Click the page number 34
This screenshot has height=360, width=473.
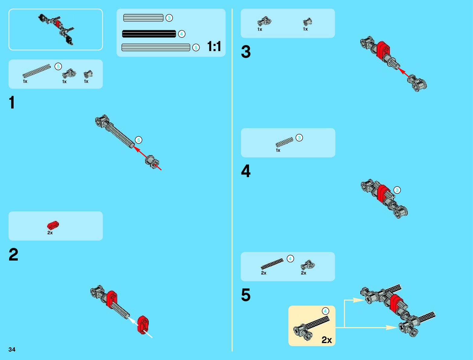coord(12,349)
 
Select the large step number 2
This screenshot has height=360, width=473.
coord(13,255)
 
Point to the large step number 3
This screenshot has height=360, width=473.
coord(246,52)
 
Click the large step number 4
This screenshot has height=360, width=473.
coord(246,171)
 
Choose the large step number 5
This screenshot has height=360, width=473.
coord(246,295)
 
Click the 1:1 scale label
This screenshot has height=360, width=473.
coord(214,47)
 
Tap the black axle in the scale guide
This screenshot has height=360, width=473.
coord(149,34)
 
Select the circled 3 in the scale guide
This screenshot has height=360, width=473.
coord(169,18)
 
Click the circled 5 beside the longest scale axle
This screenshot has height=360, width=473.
coord(196,47)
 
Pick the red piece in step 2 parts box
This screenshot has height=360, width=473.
coord(53,225)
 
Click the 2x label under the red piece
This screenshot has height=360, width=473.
coord(50,233)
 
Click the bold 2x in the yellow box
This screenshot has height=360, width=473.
coord(326,340)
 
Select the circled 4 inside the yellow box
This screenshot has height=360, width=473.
coord(325,311)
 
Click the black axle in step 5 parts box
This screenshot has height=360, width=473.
coord(272,264)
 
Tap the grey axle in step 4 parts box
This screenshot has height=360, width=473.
coord(284,142)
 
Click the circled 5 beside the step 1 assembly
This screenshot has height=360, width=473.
coord(138,140)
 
